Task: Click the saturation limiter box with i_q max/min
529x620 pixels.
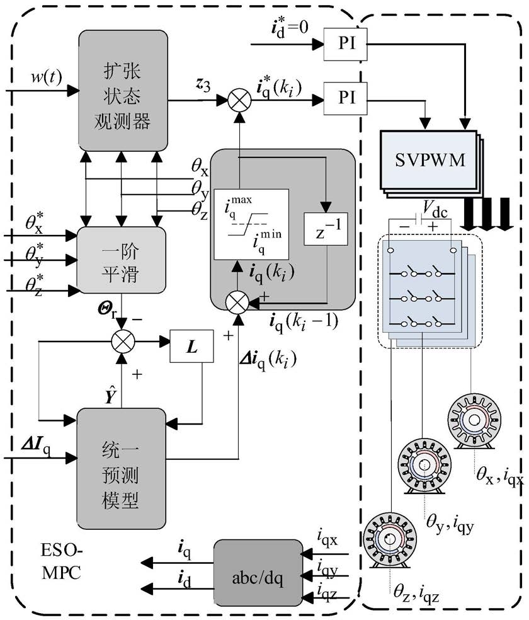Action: [251, 224]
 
